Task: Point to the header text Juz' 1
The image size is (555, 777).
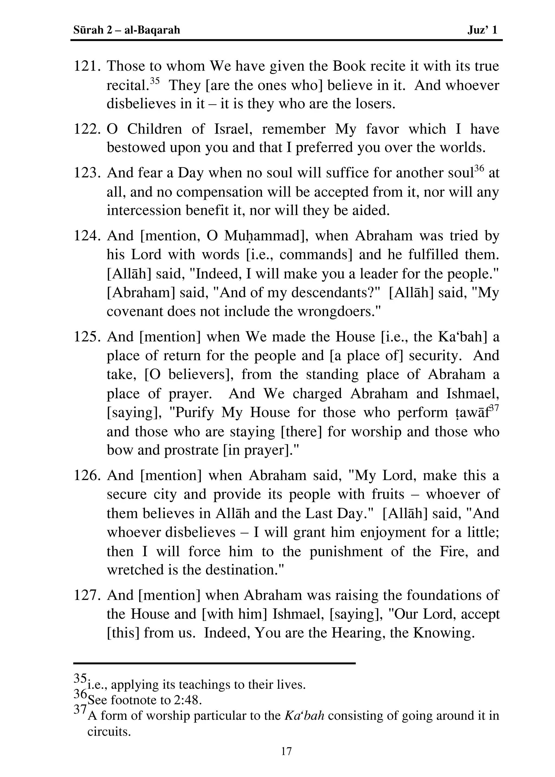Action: click(482, 30)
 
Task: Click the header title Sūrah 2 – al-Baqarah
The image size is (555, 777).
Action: click(127, 30)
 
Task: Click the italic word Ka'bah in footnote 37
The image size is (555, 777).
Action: click(304, 715)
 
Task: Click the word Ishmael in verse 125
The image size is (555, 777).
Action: click(473, 394)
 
